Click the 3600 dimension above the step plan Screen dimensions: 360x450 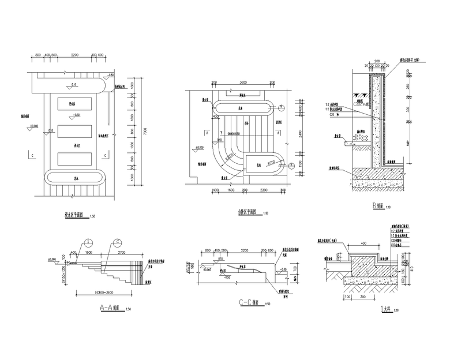[243, 82]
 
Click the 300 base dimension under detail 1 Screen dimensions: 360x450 [362, 298]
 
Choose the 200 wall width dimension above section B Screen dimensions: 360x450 [376, 61]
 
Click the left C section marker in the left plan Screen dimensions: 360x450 [32, 155]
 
